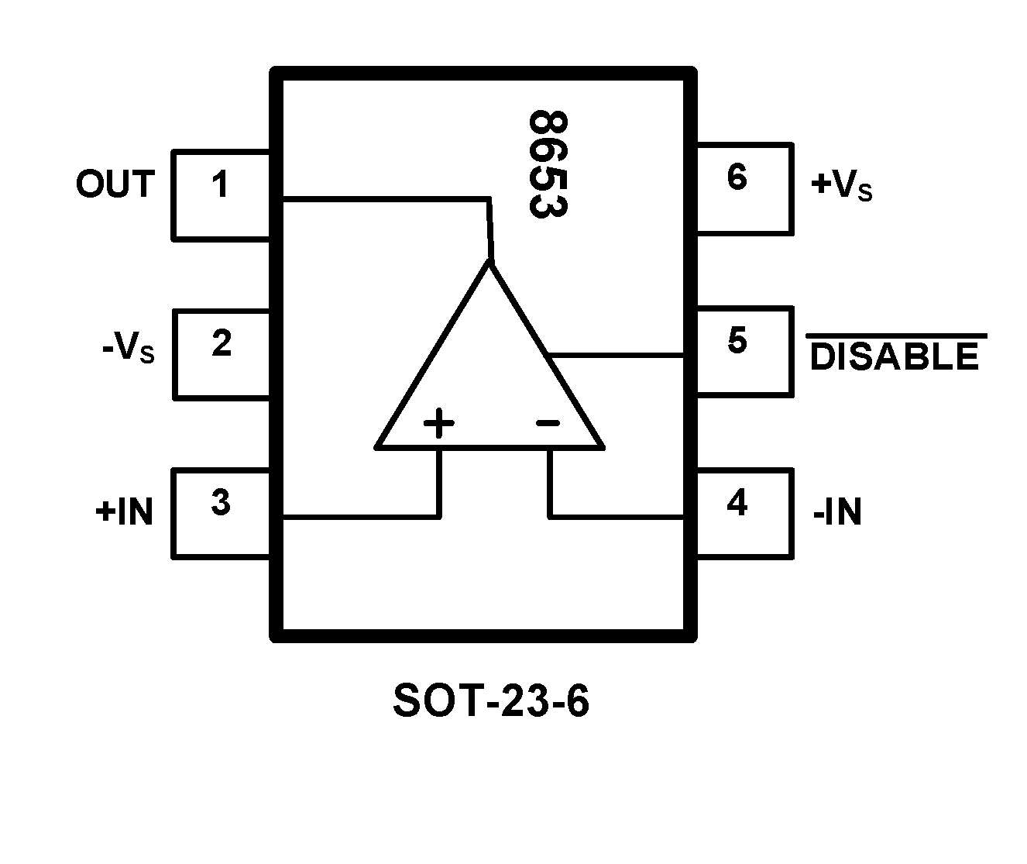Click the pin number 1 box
221,194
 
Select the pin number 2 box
221,353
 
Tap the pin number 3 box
221,512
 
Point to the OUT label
115,184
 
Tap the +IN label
125,512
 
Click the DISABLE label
894,356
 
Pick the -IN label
837,512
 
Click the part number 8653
548,164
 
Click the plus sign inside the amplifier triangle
438,424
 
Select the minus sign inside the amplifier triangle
548,423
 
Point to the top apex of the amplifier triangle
491,264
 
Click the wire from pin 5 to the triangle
616,355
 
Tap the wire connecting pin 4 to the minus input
616,516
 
